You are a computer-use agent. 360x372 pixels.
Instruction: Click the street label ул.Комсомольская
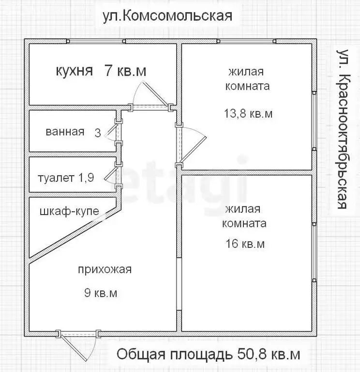167,15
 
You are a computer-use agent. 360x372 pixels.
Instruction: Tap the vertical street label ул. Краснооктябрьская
343,128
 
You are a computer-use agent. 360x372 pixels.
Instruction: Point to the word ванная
65,131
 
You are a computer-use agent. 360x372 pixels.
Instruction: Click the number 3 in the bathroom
98,132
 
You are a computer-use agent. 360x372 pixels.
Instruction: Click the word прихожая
105,270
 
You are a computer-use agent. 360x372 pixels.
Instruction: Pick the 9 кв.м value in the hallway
101,293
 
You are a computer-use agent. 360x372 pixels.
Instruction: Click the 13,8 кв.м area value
248,114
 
